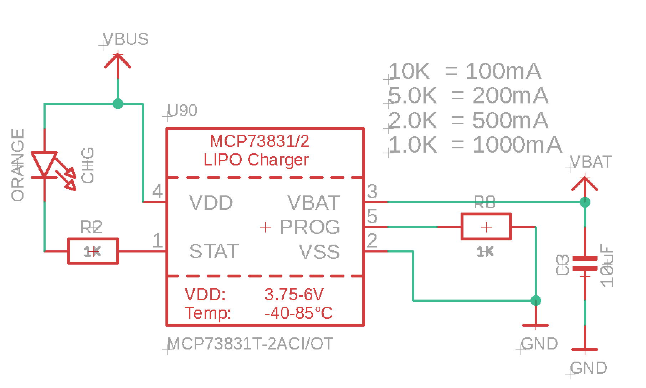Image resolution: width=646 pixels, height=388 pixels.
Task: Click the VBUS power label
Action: pos(125,39)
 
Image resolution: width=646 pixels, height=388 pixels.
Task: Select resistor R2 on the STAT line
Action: pos(93,251)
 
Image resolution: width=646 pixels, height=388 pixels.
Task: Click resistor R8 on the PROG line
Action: pos(486,227)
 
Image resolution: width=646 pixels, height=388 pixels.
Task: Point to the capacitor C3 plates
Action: pos(585,264)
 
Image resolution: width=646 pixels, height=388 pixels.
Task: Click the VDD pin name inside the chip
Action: pos(211,203)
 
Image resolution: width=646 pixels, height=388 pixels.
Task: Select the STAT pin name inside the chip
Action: pos(214,251)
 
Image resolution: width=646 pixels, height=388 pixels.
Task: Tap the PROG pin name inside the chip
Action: pos(310,227)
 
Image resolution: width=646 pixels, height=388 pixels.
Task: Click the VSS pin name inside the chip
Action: pos(319,251)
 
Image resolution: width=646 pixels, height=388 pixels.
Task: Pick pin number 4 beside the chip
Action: pos(157,192)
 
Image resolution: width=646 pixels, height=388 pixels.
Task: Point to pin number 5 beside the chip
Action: pos(372,216)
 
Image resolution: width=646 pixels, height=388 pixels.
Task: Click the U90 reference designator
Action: pos(182,111)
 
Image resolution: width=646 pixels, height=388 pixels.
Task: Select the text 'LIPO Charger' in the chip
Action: pos(256,159)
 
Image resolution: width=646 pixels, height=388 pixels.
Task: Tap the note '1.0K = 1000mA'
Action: pos(475,145)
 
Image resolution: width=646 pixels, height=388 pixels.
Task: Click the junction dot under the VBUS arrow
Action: pos(118,104)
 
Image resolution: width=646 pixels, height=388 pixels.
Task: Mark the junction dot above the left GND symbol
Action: pos(535,301)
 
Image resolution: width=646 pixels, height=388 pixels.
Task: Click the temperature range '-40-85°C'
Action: pos(299,313)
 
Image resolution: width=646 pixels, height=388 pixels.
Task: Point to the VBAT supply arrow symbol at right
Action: pos(585,184)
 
